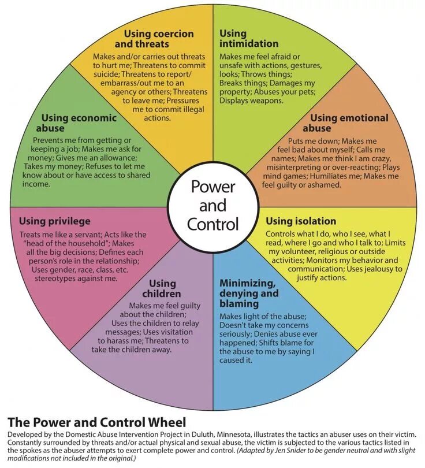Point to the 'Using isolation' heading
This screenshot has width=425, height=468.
pos(300,221)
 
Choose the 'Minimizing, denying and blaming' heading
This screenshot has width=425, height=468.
pos(248,293)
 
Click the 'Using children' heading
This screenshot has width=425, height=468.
pos(162,288)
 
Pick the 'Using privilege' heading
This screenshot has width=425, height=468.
pos(55,221)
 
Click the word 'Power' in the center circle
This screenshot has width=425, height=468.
pos(212,187)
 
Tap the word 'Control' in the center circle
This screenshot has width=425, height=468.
pos(212,224)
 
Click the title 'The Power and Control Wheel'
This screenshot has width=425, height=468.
pos(96,422)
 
